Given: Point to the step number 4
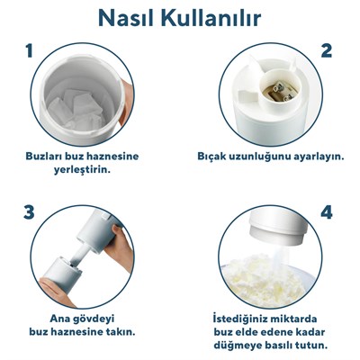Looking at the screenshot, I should pos(327,212).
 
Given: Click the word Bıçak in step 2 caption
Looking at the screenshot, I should pos(213,155).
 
